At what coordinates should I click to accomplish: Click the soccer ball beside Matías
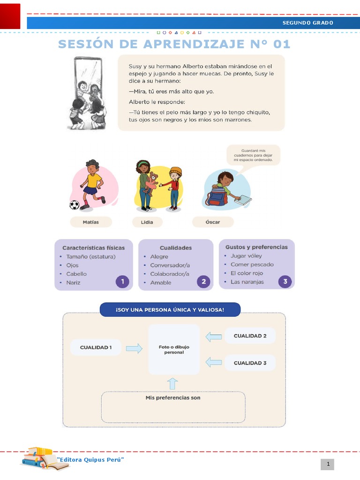pyautogui.click(x=75, y=205)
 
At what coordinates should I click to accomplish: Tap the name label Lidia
pyautogui.click(x=147, y=222)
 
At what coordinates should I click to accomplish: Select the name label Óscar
pyautogui.click(x=213, y=222)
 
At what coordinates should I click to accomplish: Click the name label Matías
pyautogui.click(x=91, y=222)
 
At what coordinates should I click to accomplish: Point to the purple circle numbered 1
pyautogui.click(x=122, y=281)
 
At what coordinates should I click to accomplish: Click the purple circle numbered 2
pyautogui.click(x=203, y=281)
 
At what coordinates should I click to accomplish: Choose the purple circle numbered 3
pyautogui.click(x=285, y=281)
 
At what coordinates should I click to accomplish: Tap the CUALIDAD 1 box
pyautogui.click(x=96, y=347)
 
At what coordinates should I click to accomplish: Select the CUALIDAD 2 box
pyautogui.click(x=250, y=336)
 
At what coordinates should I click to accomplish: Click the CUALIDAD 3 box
pyautogui.click(x=250, y=363)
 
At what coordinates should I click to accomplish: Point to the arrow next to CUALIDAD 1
pyautogui.click(x=134, y=348)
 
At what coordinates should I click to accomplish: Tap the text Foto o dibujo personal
pyautogui.click(x=174, y=350)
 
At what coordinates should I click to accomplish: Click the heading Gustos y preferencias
pyautogui.click(x=256, y=247)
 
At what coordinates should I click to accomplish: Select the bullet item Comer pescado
pyautogui.click(x=252, y=264)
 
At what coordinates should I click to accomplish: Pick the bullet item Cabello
pyautogui.click(x=76, y=274)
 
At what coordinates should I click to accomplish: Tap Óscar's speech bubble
pyautogui.click(x=253, y=155)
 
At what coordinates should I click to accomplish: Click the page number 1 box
pyautogui.click(x=328, y=464)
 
